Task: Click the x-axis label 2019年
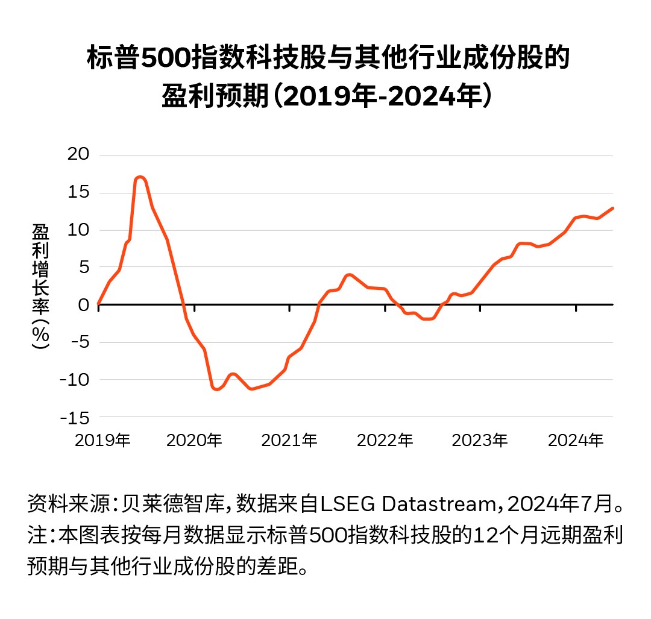pyautogui.click(x=102, y=441)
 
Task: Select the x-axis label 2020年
pyautogui.click(x=194, y=441)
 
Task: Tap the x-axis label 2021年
pyautogui.click(x=289, y=441)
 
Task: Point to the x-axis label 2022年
pyautogui.click(x=385, y=441)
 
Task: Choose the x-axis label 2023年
pyautogui.click(x=480, y=441)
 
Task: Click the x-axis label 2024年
pyautogui.click(x=575, y=441)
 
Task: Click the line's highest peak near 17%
pyautogui.click(x=140, y=177)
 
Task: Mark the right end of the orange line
pyautogui.click(x=612, y=208)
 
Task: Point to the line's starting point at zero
pyautogui.click(x=98, y=304)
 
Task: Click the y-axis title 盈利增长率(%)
pyautogui.click(x=41, y=286)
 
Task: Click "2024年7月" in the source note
pyautogui.click(x=561, y=503)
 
